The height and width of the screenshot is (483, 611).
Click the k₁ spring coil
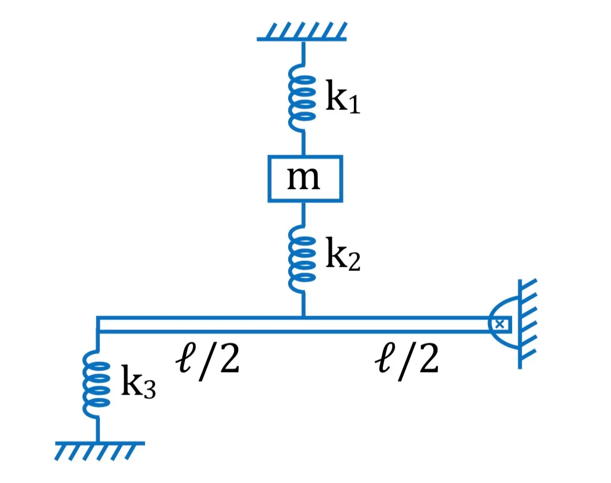tap(302, 97)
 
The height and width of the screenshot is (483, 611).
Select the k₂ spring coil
tap(302, 258)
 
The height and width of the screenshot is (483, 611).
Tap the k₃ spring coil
tap(97, 384)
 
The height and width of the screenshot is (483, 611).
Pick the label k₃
tap(138, 381)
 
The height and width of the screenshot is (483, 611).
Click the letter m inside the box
tap(303, 178)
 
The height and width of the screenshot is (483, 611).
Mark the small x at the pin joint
tap(500, 324)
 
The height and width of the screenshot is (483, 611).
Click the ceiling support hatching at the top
tap(302, 32)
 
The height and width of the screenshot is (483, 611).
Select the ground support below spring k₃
tap(100, 451)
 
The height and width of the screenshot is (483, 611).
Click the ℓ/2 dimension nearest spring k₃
tap(208, 360)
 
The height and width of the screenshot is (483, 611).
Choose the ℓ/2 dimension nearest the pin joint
tap(407, 360)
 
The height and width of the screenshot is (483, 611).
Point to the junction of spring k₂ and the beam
tap(303, 317)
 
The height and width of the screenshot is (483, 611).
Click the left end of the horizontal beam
tap(97, 324)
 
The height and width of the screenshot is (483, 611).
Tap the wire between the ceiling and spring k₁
tap(303, 53)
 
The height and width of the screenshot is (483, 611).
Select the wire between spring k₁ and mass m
tap(303, 144)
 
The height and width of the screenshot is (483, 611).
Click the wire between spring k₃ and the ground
tap(97, 430)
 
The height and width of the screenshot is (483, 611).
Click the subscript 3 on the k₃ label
tap(149, 389)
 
